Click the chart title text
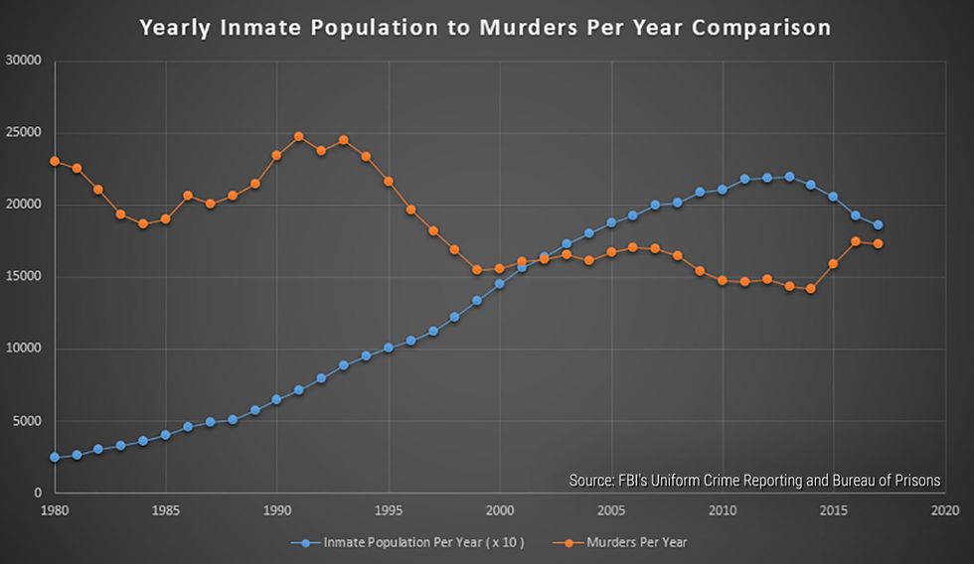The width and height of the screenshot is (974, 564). (x=485, y=27)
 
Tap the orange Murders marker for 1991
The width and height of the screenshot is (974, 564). (x=298, y=136)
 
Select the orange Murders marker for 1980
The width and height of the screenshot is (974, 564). (x=55, y=161)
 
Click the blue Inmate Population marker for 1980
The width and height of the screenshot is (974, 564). (x=55, y=457)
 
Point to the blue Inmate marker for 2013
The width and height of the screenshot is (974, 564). (x=789, y=177)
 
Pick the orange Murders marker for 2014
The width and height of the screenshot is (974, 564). (x=811, y=289)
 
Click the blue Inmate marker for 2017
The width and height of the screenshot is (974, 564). (x=878, y=224)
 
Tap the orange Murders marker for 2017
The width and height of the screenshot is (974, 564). (x=878, y=243)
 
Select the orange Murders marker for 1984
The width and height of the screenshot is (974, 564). (x=143, y=223)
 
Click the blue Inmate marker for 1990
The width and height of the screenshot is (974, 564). (x=276, y=399)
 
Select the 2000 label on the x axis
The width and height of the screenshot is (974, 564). (x=499, y=510)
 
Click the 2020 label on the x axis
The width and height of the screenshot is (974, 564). (x=944, y=510)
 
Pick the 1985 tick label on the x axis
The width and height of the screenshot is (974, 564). (x=166, y=510)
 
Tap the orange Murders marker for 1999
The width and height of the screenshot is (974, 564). (x=477, y=269)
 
